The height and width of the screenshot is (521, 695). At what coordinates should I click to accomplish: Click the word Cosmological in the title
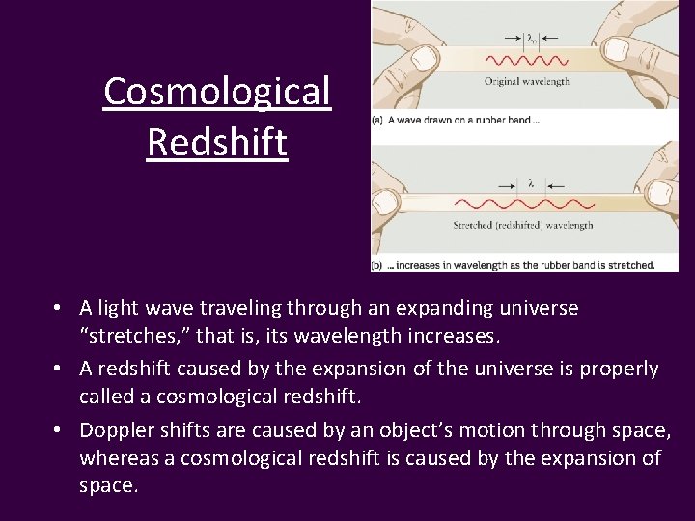[217, 92]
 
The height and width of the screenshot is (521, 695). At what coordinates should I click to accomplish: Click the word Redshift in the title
[217, 143]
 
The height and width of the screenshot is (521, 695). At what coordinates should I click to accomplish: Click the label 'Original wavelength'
[528, 82]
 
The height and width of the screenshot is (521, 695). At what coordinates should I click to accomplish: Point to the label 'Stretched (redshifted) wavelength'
[523, 226]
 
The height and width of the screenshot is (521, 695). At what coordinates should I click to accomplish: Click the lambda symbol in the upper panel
[531, 39]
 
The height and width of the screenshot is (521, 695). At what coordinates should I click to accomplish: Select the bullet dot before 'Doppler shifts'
[59, 429]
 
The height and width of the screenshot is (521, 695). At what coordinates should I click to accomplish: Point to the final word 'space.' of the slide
[108, 486]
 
